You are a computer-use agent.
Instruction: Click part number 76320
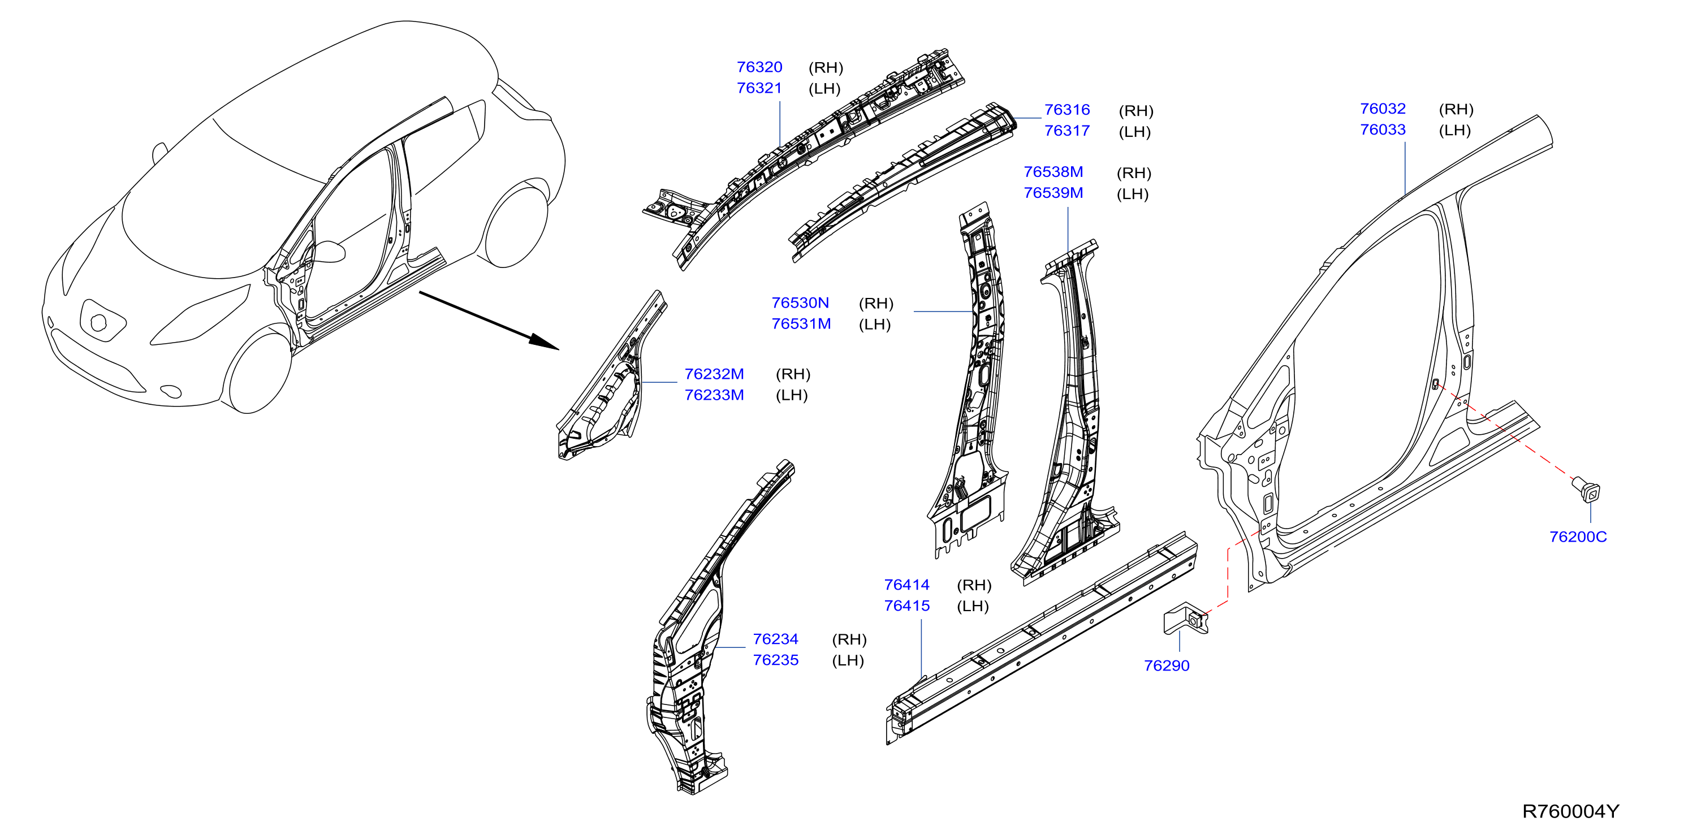pyautogui.click(x=759, y=67)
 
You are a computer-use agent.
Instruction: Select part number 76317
pyautogui.click(x=1067, y=131)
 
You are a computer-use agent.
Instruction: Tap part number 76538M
pyautogui.click(x=1053, y=172)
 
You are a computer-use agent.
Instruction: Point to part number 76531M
pyautogui.click(x=801, y=324)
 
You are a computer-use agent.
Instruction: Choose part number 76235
pyautogui.click(x=775, y=660)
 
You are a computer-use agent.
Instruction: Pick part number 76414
pyautogui.click(x=906, y=585)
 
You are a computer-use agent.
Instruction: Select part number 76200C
pyautogui.click(x=1578, y=537)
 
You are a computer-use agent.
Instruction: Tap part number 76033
pyautogui.click(x=1383, y=129)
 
